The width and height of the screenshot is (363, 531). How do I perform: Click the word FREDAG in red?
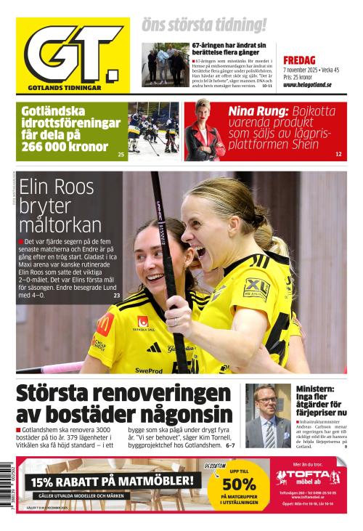click(x=298, y=60)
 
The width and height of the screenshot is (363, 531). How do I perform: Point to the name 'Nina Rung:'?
click(x=258, y=111)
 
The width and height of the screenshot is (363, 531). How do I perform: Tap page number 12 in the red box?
click(x=338, y=155)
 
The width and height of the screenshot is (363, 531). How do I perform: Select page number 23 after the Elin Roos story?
click(x=117, y=296)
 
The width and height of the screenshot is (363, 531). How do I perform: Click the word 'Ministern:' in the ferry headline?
click(x=315, y=389)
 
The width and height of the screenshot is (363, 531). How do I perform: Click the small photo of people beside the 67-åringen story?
click(x=166, y=65)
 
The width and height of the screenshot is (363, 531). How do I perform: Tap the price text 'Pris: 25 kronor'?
click(x=298, y=77)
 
